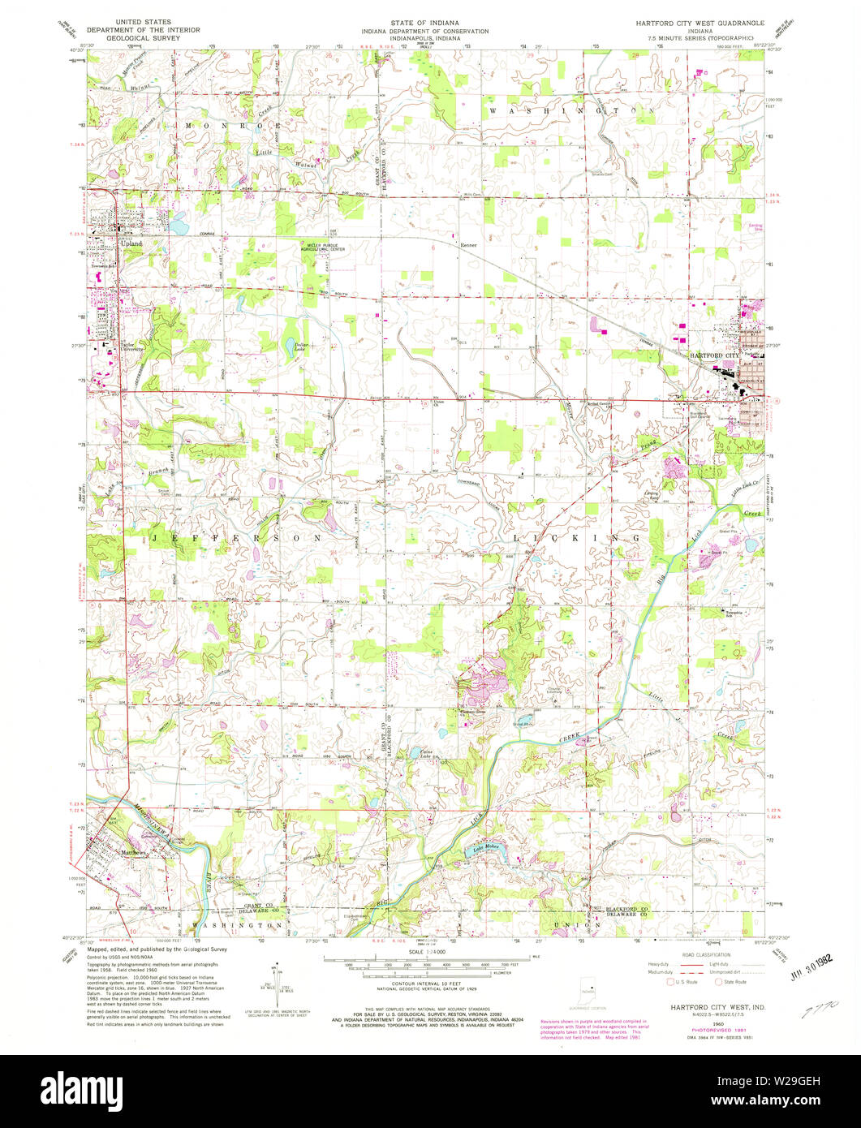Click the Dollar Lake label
[x=304, y=346]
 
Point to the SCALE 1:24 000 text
[x=428, y=951]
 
